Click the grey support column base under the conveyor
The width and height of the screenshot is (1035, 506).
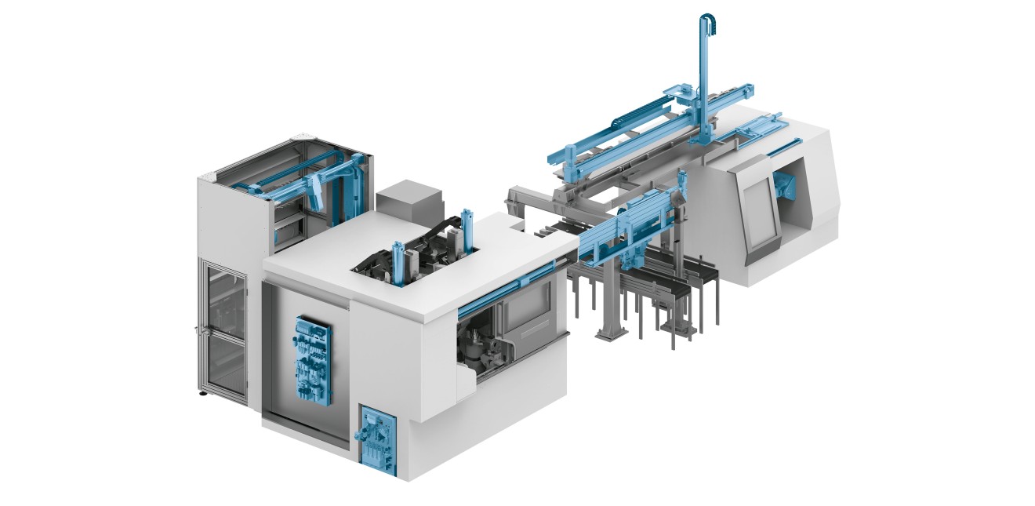pyautogui.click(x=609, y=333)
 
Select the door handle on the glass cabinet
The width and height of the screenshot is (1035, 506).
pyautogui.click(x=199, y=330)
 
